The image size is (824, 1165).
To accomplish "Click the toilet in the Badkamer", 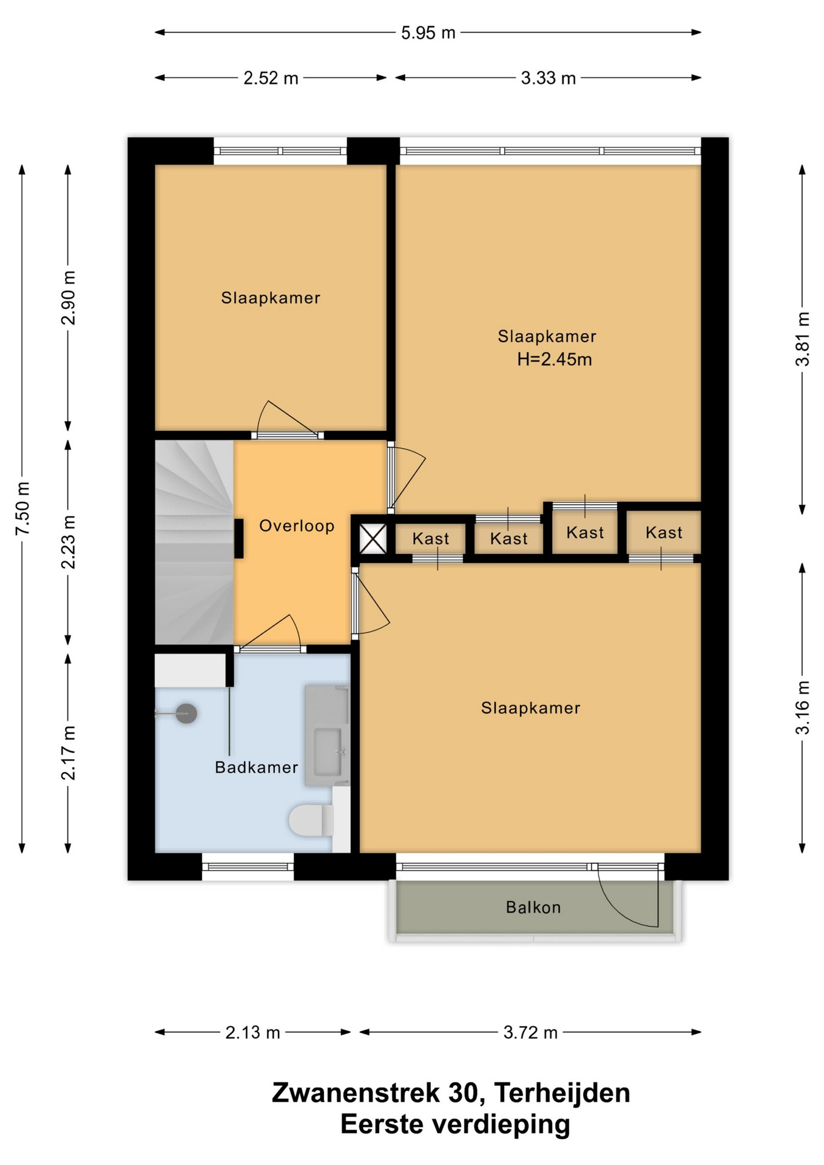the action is pos(311,820).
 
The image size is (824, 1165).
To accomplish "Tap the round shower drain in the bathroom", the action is pos(186,714).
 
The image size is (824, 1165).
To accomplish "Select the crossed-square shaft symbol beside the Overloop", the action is pos(373,538).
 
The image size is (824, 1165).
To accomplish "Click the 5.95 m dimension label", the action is pos(428,33).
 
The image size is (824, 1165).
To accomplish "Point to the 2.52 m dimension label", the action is pos(271,78).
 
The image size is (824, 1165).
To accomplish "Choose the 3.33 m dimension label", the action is pos(548,78).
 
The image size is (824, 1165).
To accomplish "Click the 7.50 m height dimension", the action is pos(22,508).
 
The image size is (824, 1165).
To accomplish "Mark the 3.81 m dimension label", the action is pos(803,339).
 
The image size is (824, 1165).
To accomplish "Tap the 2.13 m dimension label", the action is pos(252,1032).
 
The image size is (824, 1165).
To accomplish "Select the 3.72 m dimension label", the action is pos(530,1032).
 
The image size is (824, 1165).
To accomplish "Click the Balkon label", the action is pos(533,907).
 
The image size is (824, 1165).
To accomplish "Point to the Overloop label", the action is pos(297,525).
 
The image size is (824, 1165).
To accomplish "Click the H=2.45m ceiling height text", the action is pos(555,359).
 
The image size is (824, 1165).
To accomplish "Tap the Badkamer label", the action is pos(257,768).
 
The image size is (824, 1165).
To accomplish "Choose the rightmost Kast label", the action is pos(664,533).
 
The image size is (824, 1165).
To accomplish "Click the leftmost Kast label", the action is pos(431,539).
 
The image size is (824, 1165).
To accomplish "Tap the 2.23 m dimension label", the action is pos(69,542).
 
